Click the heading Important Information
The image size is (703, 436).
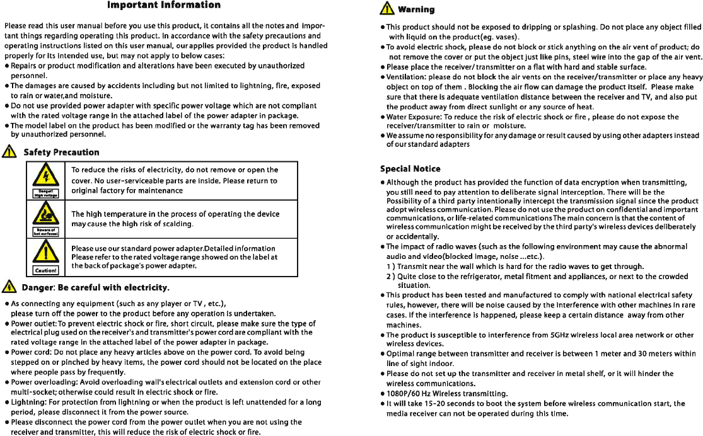click(x=164, y=6)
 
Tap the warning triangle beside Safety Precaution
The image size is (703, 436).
click(x=9, y=152)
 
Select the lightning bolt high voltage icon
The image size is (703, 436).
click(x=45, y=175)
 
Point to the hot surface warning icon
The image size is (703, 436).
click(x=45, y=215)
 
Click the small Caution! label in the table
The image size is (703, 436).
click(x=45, y=271)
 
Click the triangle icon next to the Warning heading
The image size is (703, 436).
click(x=385, y=9)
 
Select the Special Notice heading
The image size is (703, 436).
click(x=410, y=169)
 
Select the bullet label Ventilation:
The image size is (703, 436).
click(x=406, y=77)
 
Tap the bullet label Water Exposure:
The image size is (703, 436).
click(x=415, y=117)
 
